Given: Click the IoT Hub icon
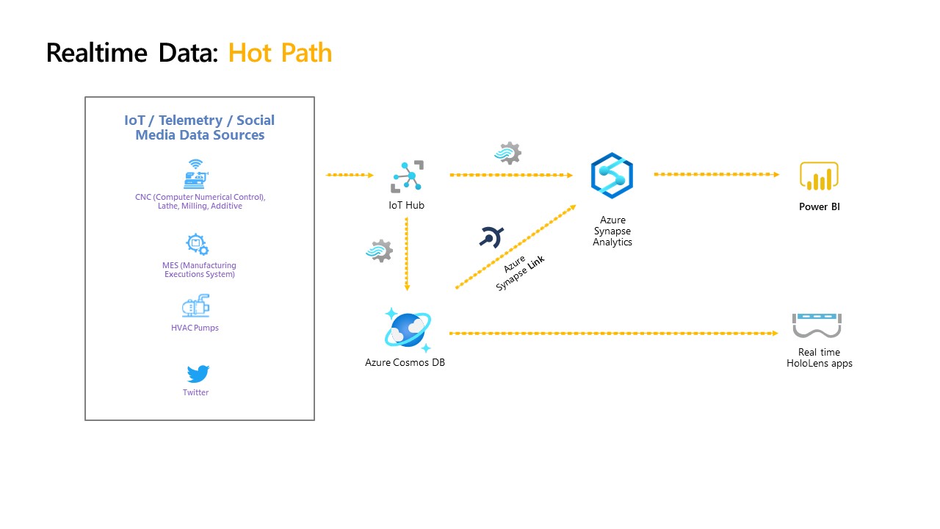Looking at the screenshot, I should point(406,176).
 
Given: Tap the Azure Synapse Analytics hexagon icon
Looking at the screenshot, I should point(612,176).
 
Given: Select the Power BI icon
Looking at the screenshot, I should point(819,176).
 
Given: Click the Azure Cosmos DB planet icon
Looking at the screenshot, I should point(407,329).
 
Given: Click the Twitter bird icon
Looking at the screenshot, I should point(197,374).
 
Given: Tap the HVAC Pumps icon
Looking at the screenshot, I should point(195,306).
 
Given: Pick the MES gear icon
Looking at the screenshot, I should point(196,245).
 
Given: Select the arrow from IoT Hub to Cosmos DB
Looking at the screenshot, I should point(407,253).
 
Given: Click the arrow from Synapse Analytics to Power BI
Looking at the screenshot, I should point(716,175).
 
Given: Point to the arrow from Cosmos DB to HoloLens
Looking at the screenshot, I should point(613,334).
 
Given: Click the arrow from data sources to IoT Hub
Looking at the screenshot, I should point(350,175).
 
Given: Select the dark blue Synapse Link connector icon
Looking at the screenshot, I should point(490,237).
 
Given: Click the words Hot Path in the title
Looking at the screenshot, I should point(280,53).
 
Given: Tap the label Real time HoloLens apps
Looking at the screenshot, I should point(819,358).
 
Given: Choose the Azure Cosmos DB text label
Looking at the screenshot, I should point(405,362).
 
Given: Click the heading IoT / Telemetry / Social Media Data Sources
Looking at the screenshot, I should point(200,128).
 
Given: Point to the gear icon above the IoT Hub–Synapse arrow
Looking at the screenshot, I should point(508,153).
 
